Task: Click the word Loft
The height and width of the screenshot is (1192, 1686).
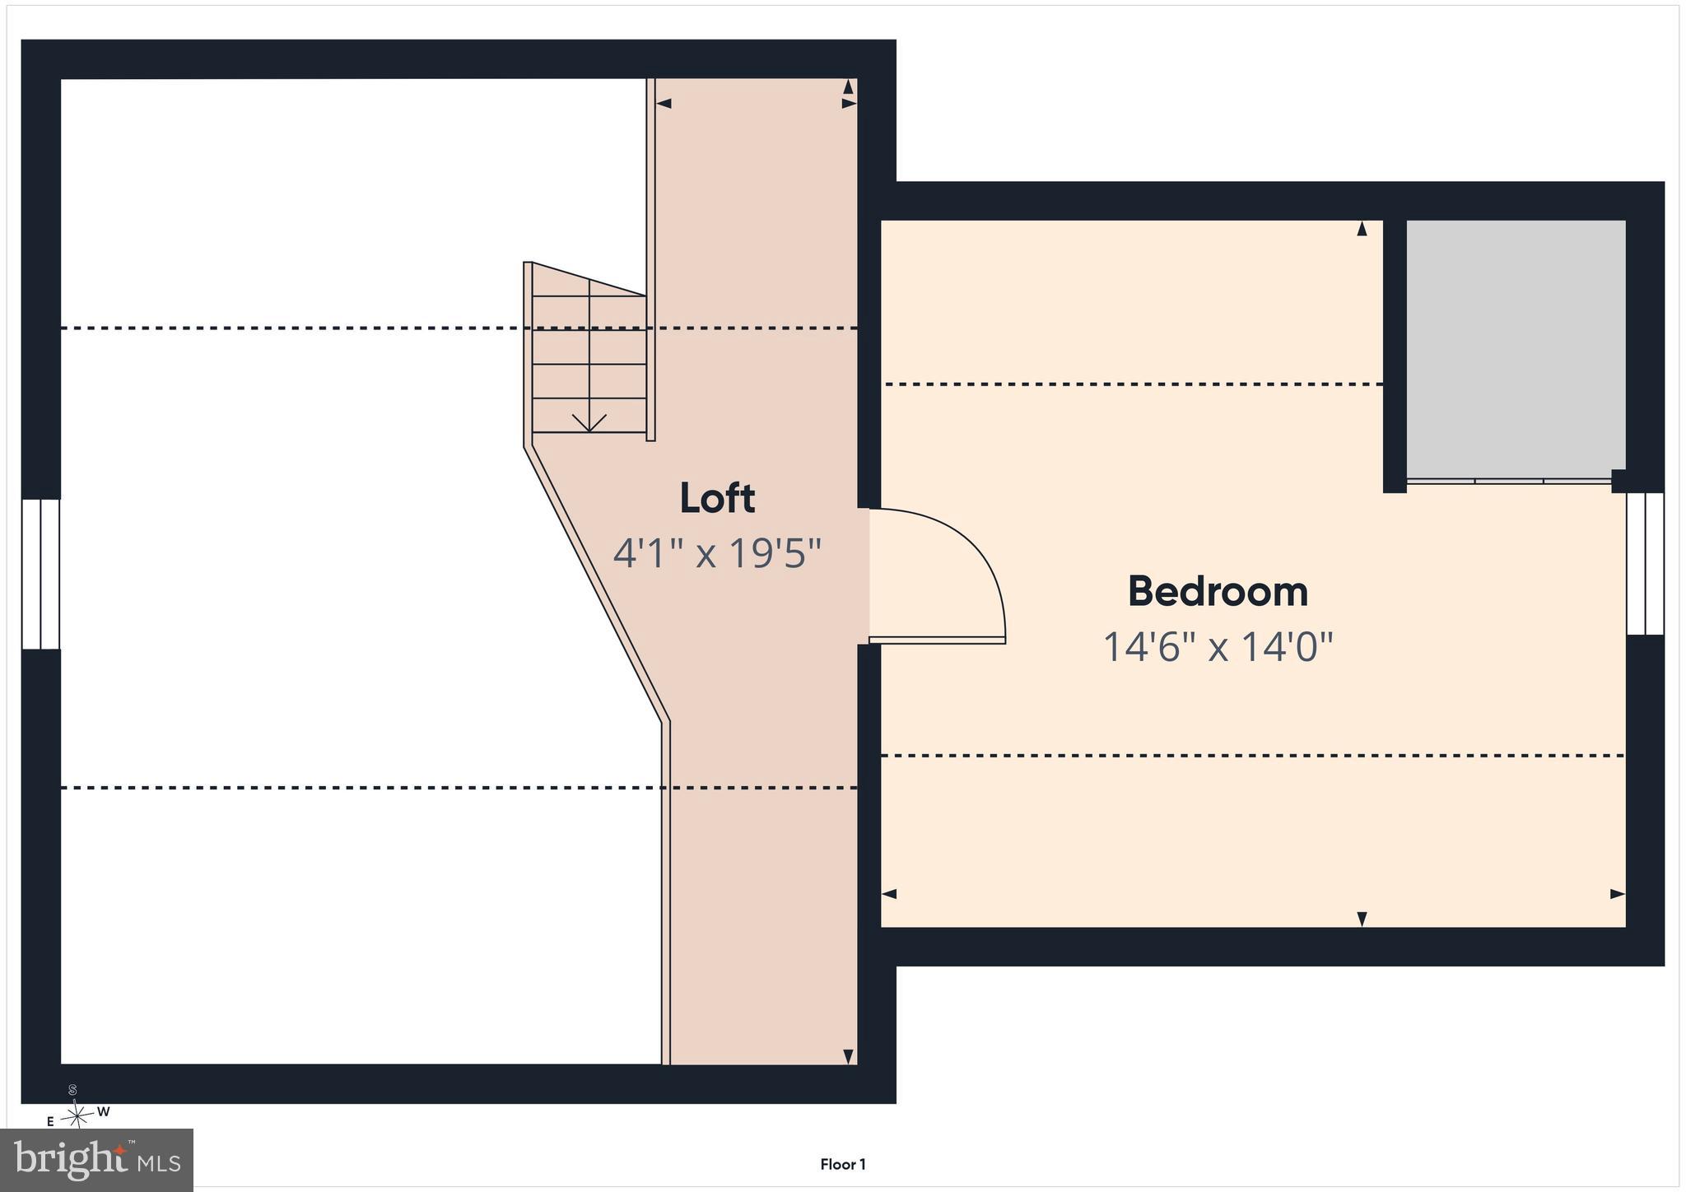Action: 717,498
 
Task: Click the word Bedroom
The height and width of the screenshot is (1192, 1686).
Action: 1218,591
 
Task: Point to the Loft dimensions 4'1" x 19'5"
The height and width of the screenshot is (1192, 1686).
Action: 717,553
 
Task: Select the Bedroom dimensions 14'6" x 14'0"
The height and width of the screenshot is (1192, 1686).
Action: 1218,646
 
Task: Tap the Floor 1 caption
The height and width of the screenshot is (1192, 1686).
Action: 842,1164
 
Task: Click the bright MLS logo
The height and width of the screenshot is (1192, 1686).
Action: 96,1160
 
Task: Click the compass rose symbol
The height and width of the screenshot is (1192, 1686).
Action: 77,1115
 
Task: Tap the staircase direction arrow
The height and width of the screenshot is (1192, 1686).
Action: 589,422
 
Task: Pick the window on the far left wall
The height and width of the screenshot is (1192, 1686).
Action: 40,574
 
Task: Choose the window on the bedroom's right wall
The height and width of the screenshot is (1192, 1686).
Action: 1645,564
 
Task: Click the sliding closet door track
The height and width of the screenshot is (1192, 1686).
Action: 1509,481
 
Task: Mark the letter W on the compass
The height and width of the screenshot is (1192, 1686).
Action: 104,1112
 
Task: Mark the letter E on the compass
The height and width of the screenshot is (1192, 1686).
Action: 50,1121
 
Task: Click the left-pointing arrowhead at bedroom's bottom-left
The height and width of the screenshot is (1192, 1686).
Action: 889,894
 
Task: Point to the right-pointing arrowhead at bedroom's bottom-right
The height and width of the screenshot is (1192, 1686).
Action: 1618,894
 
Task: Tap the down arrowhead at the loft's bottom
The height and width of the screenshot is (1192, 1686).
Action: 848,1056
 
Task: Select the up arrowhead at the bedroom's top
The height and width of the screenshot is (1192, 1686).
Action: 1362,228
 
